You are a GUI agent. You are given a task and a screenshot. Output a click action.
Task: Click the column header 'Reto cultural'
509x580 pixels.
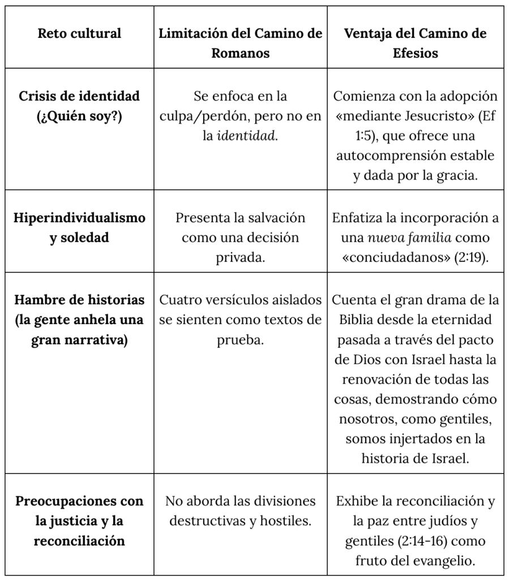79,33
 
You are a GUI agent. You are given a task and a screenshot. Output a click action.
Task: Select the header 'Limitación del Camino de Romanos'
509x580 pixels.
241,43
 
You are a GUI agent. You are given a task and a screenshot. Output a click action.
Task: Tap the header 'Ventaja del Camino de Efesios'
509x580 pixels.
415,43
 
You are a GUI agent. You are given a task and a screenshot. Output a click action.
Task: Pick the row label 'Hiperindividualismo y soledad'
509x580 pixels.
79,228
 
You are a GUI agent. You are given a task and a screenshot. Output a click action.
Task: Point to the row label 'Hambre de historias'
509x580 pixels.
79,300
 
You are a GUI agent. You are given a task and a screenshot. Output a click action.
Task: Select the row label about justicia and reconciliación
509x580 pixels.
79,521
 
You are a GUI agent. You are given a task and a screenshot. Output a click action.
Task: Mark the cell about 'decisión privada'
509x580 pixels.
241,237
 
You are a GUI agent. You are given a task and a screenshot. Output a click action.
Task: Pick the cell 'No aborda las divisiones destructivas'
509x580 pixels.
241,510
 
